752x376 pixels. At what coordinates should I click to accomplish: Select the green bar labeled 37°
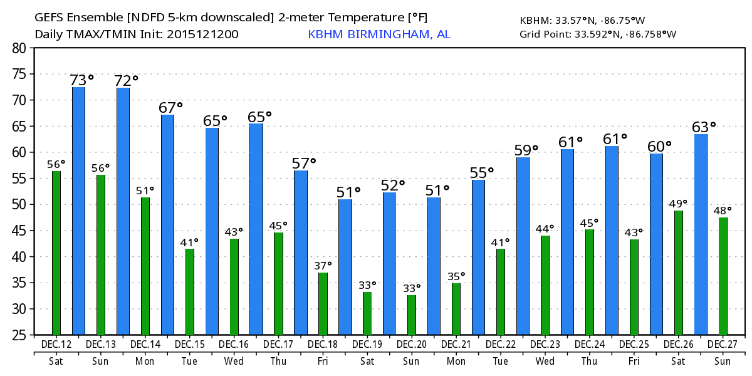(323, 303)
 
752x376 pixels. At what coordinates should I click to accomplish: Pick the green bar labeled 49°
(679, 273)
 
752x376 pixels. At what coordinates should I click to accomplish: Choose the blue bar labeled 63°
(701, 234)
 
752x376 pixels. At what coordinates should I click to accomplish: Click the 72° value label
(126, 80)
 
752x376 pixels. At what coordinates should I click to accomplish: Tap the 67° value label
(170, 108)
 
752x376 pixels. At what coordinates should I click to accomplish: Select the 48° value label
(723, 210)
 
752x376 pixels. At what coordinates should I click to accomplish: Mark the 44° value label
(545, 228)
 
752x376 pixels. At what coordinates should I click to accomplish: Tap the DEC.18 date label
(323, 345)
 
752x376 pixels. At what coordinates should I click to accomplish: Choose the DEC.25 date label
(634, 345)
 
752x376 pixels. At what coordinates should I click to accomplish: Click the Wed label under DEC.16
(234, 361)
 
